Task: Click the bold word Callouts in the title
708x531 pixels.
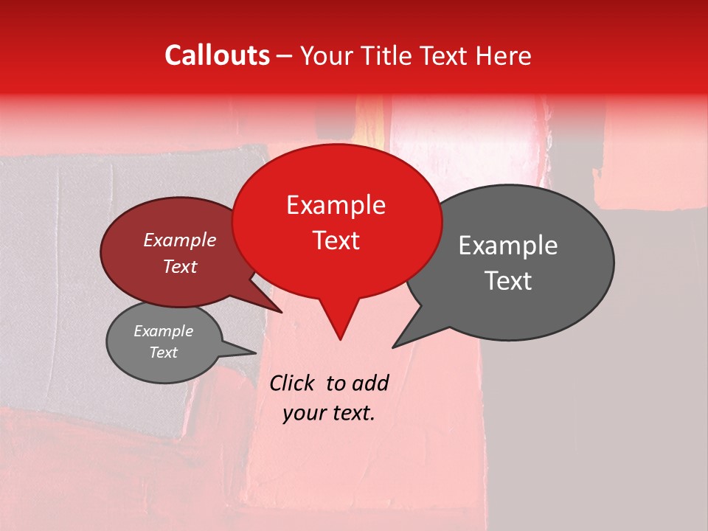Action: pyautogui.click(x=217, y=55)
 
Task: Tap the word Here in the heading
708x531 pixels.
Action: pyautogui.click(x=504, y=55)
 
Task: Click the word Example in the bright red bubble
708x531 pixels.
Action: pyautogui.click(x=336, y=205)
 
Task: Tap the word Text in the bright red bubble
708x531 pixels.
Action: pyautogui.click(x=336, y=240)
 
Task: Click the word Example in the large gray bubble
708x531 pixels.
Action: pyautogui.click(x=508, y=246)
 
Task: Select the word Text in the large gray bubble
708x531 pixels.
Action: pyautogui.click(x=508, y=281)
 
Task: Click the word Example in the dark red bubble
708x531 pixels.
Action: pyautogui.click(x=180, y=240)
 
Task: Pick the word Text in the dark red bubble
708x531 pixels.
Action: pyautogui.click(x=180, y=266)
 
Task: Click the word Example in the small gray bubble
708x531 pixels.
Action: pyautogui.click(x=163, y=331)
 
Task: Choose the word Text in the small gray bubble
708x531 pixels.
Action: pyautogui.click(x=163, y=353)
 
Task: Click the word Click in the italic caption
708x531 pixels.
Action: pyautogui.click(x=293, y=383)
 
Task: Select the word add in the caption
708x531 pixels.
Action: pyautogui.click(x=370, y=383)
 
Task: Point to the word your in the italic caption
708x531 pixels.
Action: pyautogui.click(x=302, y=413)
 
